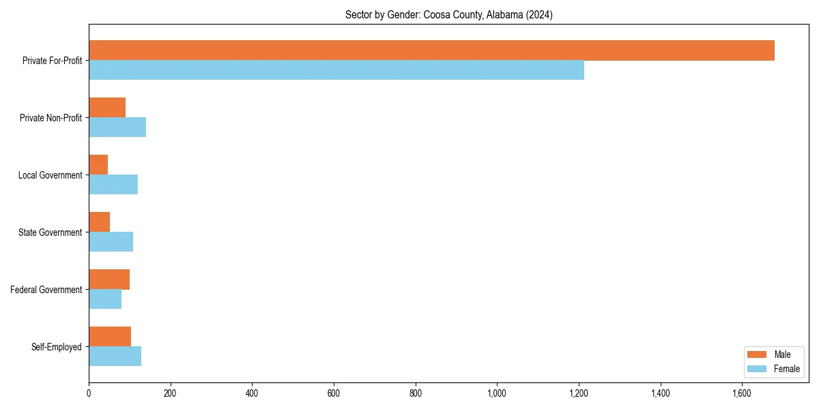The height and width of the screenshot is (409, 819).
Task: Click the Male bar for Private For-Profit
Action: point(431,50)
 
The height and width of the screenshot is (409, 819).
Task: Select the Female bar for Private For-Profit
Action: point(336,70)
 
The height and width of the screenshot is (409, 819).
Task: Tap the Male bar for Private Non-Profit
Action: point(107,108)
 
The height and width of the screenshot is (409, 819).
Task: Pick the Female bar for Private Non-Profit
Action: point(117,127)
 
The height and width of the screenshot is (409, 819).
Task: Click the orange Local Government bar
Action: point(98,165)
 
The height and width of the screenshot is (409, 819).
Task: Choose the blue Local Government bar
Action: point(113,185)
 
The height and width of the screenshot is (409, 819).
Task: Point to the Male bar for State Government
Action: point(100,222)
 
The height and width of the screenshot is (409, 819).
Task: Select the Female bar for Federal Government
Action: point(105,299)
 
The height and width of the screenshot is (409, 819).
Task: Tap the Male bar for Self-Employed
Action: point(110,337)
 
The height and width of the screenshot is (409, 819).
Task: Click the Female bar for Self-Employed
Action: point(115,357)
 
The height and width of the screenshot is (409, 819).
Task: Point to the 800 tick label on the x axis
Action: point(415,393)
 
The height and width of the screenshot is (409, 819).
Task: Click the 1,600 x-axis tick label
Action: point(742,393)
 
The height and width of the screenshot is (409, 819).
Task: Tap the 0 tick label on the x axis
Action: point(89,393)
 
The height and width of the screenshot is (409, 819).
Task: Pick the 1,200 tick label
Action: point(579,393)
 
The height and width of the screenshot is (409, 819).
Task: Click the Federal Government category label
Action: point(46,290)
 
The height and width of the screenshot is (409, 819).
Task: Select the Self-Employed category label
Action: point(57,347)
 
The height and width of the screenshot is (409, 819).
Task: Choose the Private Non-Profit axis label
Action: point(51,118)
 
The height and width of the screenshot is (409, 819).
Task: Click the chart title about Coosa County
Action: point(448,15)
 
